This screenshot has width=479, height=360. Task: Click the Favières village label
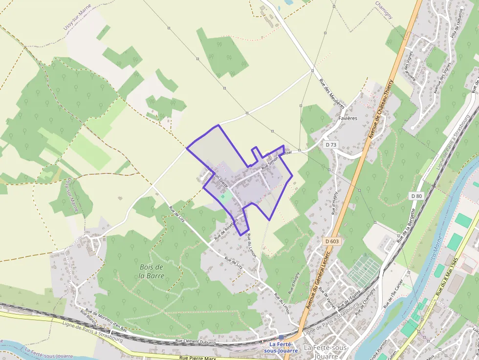point(348,118)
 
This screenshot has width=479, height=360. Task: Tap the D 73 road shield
point(331,145)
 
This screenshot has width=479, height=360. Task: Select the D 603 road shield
point(331,241)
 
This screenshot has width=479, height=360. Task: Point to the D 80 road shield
point(416,196)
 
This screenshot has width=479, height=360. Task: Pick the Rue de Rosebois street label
point(225,230)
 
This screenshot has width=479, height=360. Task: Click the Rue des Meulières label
point(332,93)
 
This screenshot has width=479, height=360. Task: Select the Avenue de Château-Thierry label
point(382,106)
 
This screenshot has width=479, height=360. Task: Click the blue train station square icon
point(281,338)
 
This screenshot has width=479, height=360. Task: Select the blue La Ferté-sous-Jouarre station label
point(280,348)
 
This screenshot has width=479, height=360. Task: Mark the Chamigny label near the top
point(384,10)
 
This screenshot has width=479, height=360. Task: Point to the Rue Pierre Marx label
point(197,358)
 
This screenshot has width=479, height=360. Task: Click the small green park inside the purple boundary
point(225,196)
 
